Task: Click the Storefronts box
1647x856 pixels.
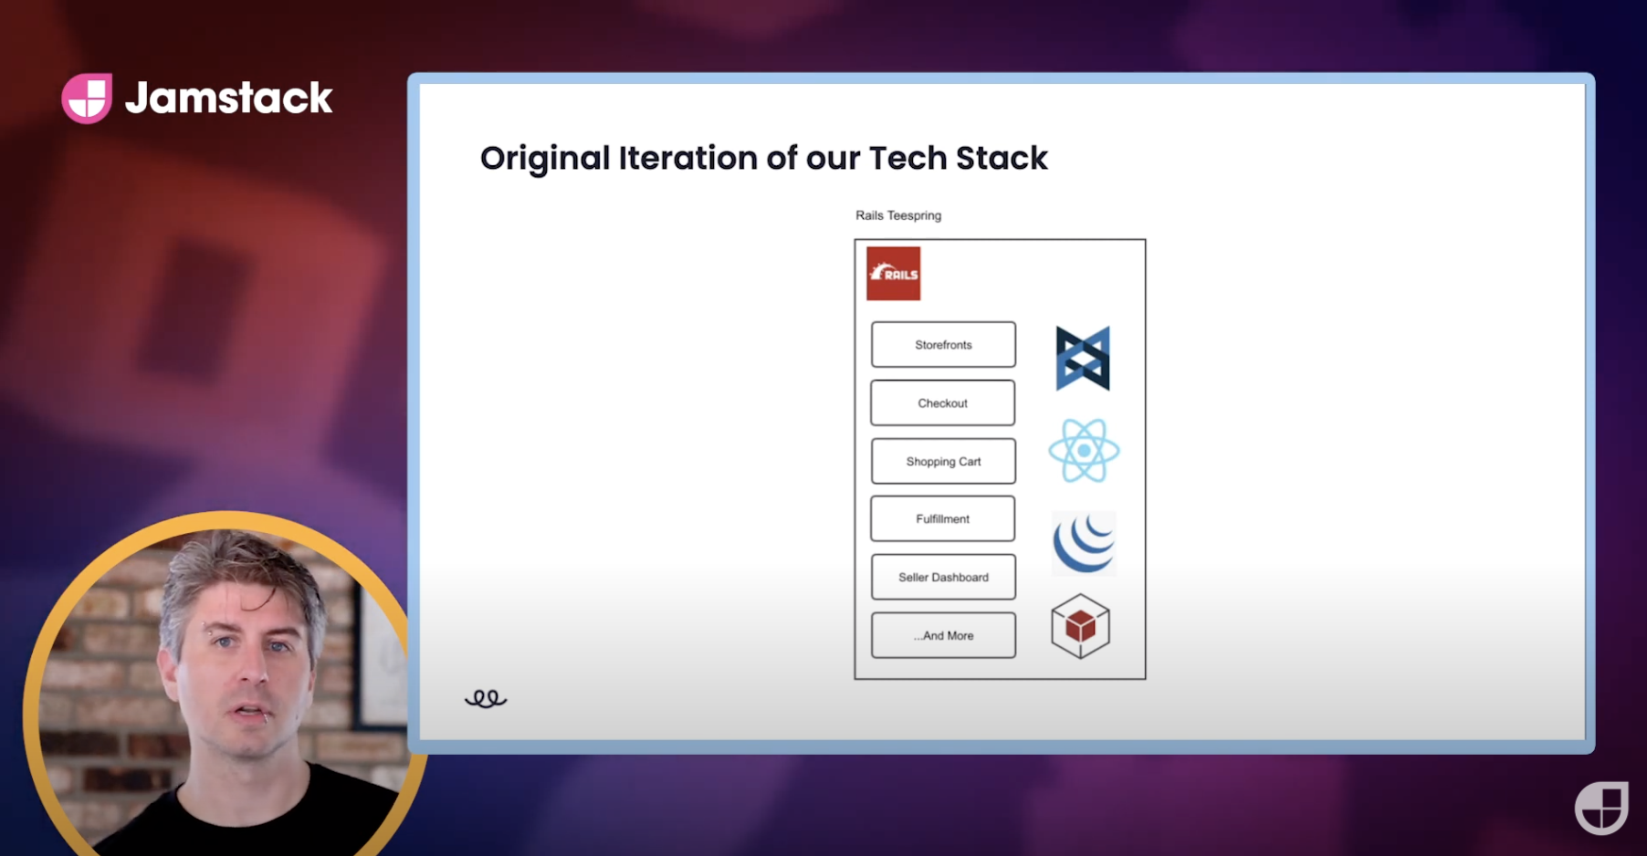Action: pyautogui.click(x=943, y=345)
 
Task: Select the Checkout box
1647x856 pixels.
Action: pyautogui.click(x=943, y=403)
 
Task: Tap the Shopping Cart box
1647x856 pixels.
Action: pyautogui.click(x=943, y=462)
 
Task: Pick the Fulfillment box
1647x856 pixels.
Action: pyautogui.click(x=943, y=519)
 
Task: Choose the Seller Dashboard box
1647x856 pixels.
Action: pyautogui.click(x=943, y=578)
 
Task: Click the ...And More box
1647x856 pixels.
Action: pyautogui.click(x=943, y=636)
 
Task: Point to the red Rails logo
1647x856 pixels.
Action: pyautogui.click(x=894, y=274)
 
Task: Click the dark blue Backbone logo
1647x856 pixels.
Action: pyautogui.click(x=1083, y=359)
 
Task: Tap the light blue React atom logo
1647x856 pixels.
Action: pyautogui.click(x=1084, y=451)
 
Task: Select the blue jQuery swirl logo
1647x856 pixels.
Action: pyautogui.click(x=1084, y=543)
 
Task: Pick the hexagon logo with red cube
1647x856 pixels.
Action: pyautogui.click(x=1081, y=626)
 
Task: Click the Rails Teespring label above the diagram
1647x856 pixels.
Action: pyautogui.click(x=898, y=215)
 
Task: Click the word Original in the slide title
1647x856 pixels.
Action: pyautogui.click(x=545, y=159)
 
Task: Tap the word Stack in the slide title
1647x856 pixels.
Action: pyautogui.click(x=1002, y=158)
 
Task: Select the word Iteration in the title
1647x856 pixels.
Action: pyautogui.click(x=688, y=158)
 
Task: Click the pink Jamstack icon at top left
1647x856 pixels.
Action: pyautogui.click(x=87, y=98)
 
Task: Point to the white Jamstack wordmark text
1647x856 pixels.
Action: pyautogui.click(x=229, y=98)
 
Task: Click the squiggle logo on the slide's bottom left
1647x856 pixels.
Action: pyautogui.click(x=486, y=699)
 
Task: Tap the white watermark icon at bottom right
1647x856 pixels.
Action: pyautogui.click(x=1601, y=808)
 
